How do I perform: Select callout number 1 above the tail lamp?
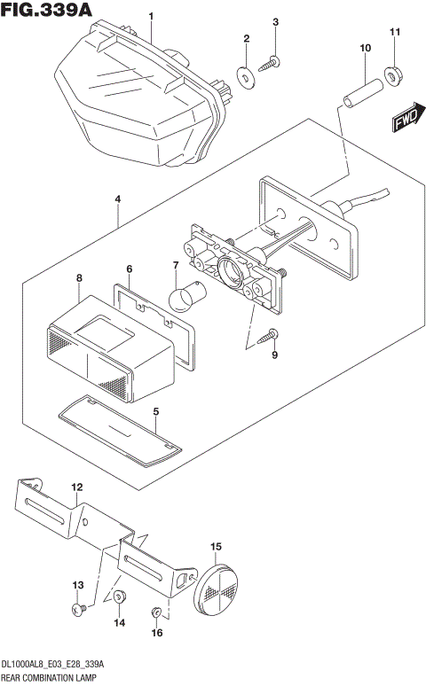(151, 17)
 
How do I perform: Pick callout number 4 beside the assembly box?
(117, 200)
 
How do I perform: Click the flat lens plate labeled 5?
(119, 434)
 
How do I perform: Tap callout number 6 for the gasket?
(129, 269)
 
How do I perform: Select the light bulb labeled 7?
(185, 296)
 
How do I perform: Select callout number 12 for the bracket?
(77, 487)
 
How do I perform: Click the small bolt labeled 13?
(78, 609)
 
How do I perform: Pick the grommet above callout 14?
(120, 599)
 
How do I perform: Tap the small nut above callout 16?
(157, 612)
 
